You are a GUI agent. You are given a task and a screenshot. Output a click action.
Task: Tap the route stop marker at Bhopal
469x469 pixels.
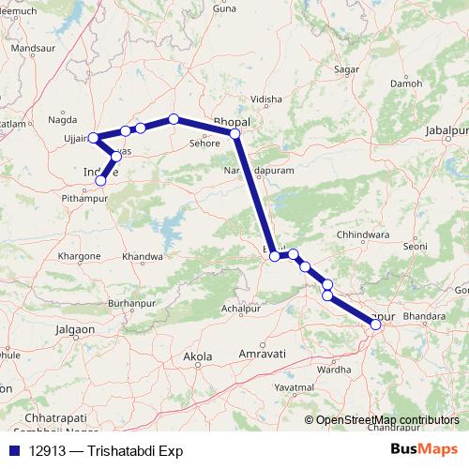click(x=235, y=134)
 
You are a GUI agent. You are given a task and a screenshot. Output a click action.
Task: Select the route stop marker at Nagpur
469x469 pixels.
click(x=376, y=324)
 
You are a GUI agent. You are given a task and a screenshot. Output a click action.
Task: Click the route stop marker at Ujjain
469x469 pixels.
click(x=93, y=139)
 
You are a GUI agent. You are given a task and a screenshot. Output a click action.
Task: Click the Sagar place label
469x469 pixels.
click(x=346, y=69)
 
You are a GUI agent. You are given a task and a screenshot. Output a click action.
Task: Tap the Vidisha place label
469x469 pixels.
click(x=266, y=98)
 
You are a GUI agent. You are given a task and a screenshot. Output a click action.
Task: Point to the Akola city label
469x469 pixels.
click(x=198, y=356)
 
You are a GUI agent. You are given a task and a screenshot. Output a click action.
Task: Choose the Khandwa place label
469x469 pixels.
click(x=143, y=256)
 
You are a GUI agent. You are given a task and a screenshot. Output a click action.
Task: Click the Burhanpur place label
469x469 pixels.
click(x=129, y=304)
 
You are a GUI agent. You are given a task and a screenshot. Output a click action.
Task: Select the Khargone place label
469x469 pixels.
click(x=79, y=256)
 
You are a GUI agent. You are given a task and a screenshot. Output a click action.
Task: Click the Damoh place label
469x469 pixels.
click(x=406, y=83)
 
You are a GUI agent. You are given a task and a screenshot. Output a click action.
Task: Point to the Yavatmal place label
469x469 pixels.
click(x=294, y=386)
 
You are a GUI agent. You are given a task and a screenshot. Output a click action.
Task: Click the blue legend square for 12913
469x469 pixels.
click(x=14, y=448)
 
